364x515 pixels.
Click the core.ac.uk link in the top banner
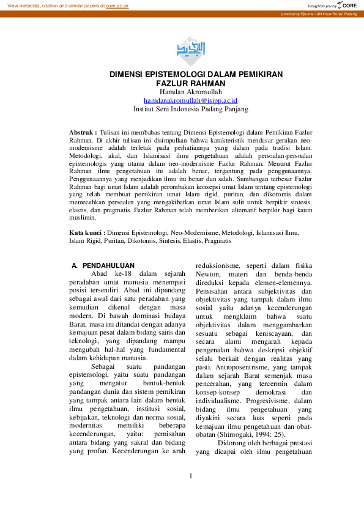117,5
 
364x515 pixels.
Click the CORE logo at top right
347,5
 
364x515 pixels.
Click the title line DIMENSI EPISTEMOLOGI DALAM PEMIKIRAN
196,74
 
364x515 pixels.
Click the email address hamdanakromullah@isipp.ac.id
190,100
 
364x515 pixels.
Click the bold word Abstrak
81,132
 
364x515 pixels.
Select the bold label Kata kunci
85,232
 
